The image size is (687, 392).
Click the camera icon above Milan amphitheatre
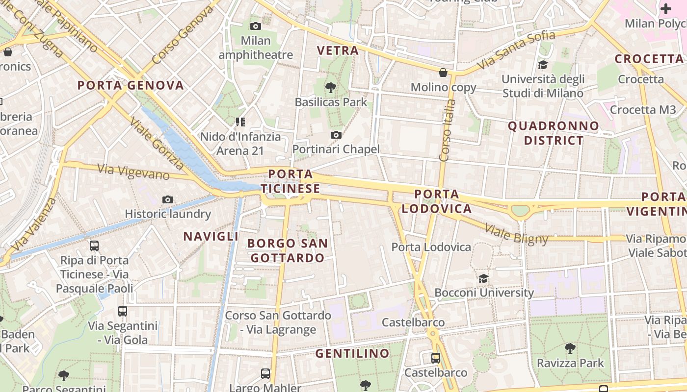click(x=255, y=26)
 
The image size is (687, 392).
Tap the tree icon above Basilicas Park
click(x=331, y=88)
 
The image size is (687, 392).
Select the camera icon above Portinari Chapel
click(x=336, y=135)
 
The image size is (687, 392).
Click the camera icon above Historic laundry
click(x=168, y=199)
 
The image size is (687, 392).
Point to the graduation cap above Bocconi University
click(x=484, y=278)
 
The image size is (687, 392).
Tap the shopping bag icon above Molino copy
click(x=443, y=73)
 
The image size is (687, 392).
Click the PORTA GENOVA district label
click(x=131, y=85)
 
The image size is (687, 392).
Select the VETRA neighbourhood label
click(x=338, y=50)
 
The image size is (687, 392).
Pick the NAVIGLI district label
click(x=211, y=236)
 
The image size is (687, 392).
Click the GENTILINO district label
click(x=352, y=353)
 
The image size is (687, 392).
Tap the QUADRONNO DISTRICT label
click(x=554, y=133)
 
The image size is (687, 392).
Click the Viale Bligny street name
click(x=516, y=234)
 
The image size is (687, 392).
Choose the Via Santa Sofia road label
click(x=516, y=49)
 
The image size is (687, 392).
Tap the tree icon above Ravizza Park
click(x=570, y=348)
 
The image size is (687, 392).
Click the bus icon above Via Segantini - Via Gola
click(x=123, y=311)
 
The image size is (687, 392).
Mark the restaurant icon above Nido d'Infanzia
click(x=240, y=122)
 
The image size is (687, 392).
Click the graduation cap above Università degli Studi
click(x=543, y=65)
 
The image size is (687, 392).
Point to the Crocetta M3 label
click(x=643, y=109)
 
